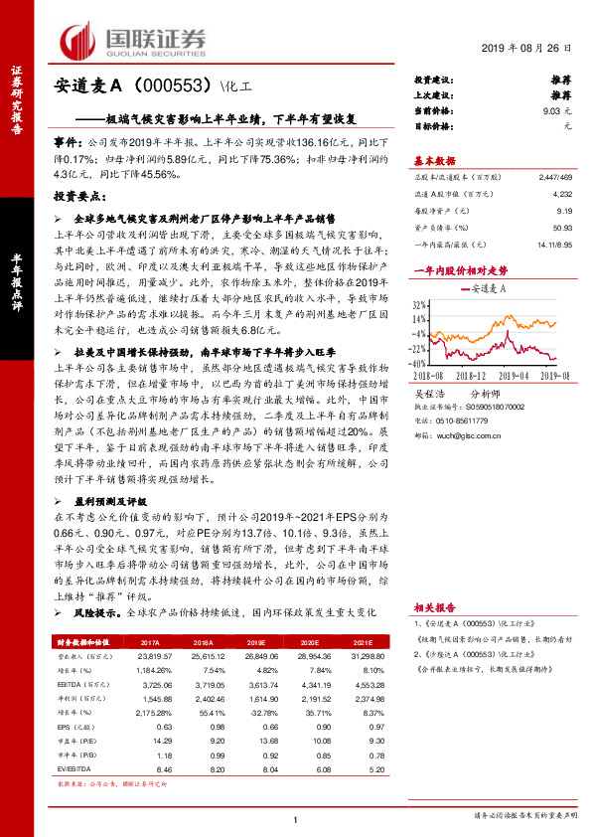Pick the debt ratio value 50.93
pyautogui.click(x=561, y=227)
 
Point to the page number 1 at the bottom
pyautogui.click(x=295, y=818)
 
